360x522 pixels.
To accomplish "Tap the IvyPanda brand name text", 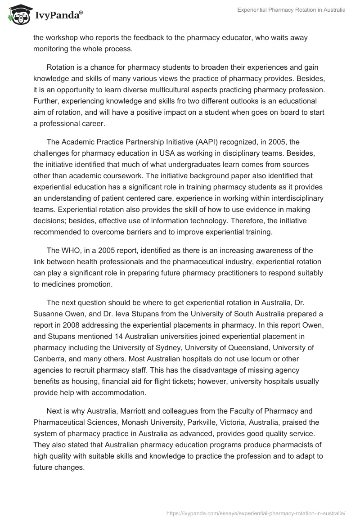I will (57, 16).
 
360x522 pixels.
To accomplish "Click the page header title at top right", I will (292, 10).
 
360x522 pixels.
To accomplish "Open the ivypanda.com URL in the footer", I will (256, 513).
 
